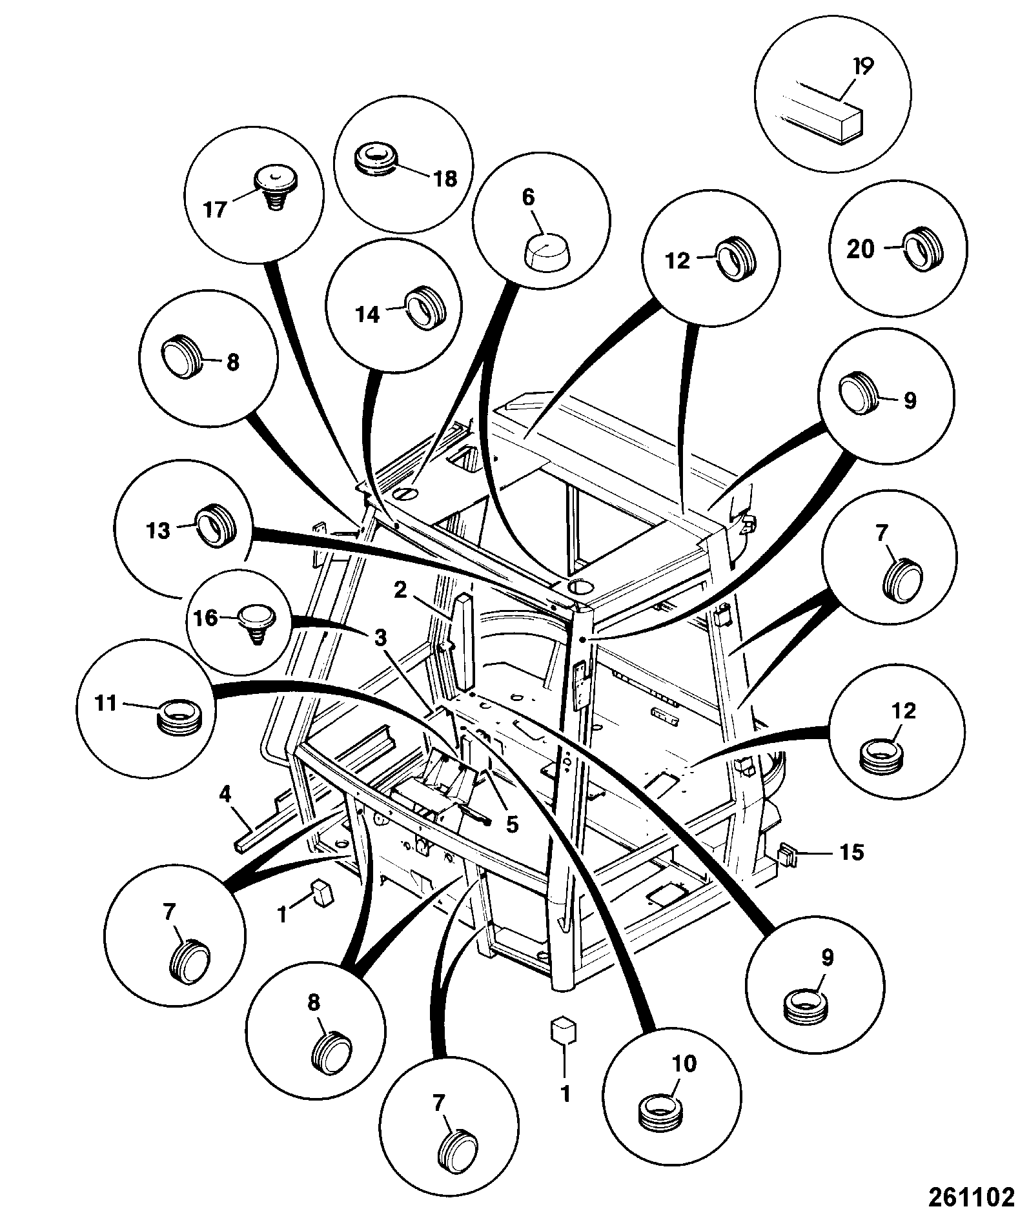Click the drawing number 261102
coord(971,1197)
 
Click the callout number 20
coord(860,249)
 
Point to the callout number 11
coord(107,702)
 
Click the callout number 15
coord(852,852)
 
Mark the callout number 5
coord(512,825)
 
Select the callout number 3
coord(381,639)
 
